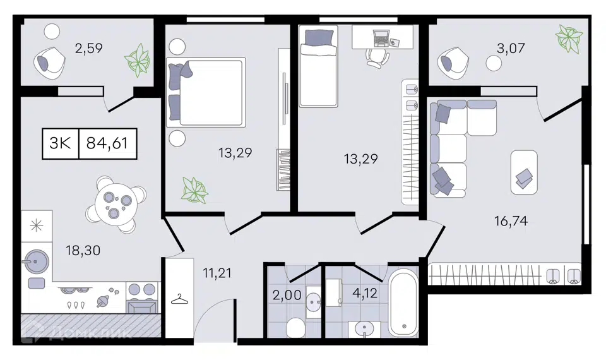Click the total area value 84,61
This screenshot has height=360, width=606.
point(107,143)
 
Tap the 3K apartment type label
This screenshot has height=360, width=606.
point(60,143)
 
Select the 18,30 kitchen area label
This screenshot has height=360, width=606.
point(83,251)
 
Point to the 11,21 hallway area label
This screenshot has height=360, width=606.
point(217,273)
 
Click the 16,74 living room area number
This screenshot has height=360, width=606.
point(511,221)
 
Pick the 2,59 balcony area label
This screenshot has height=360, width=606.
point(88,49)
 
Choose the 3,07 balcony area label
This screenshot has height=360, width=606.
point(511,49)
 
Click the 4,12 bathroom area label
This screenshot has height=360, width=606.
point(365,293)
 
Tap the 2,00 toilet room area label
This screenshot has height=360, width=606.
point(287,296)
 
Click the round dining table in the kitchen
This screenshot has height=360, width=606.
point(116,204)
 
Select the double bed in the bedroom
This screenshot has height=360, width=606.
point(206,92)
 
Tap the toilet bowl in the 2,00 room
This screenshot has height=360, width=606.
point(295,328)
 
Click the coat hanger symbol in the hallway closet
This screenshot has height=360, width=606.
point(179,299)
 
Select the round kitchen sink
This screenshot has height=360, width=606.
point(35,261)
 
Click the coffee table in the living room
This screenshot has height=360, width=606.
point(524,172)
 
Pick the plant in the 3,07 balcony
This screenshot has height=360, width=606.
point(569,39)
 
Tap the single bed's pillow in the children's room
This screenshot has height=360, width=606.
point(319,37)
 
